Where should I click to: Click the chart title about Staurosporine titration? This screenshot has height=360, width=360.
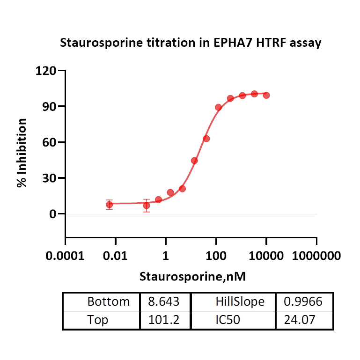tap(191, 43)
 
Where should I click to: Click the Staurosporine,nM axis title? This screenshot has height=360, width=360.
tap(192, 277)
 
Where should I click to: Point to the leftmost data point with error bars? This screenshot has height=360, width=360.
tap(109, 205)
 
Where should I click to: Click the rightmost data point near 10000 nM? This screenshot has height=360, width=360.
tap(266, 95)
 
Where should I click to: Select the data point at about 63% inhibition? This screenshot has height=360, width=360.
tap(206, 139)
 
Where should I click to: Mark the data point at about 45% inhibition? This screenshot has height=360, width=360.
tap(194, 161)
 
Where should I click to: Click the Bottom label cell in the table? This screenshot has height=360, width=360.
tap(108, 302)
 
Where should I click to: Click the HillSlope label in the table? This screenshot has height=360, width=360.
tap(240, 302)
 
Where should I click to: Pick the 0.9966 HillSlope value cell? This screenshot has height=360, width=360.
tap(303, 302)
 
